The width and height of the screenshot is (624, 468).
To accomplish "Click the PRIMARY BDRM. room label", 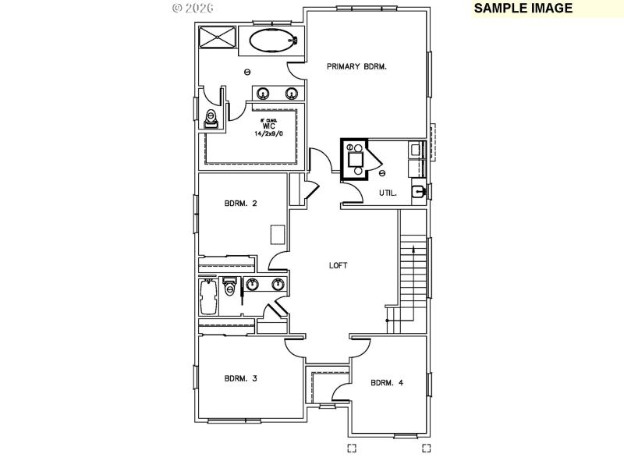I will [356, 67].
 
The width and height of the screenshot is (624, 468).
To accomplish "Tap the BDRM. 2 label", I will [241, 204].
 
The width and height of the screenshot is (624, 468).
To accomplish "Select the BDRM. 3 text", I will [241, 378].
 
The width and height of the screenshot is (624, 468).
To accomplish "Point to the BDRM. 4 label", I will [387, 382].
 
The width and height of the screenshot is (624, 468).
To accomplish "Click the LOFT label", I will [338, 265].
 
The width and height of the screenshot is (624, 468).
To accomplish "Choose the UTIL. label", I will [388, 192].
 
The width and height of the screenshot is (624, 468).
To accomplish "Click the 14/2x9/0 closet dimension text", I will [268, 134].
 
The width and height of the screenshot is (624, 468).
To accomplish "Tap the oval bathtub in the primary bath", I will [273, 41].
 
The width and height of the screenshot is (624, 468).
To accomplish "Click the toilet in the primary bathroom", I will [210, 119].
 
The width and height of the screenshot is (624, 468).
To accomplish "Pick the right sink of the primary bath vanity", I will [292, 94].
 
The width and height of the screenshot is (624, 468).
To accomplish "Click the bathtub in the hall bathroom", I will [208, 298].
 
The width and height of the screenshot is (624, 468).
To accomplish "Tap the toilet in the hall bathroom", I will [229, 287].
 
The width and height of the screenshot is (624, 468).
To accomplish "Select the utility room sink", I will [420, 192].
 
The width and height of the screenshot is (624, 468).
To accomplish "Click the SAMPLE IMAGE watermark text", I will [523, 9].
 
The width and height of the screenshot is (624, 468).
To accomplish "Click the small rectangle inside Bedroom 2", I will [278, 235].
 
